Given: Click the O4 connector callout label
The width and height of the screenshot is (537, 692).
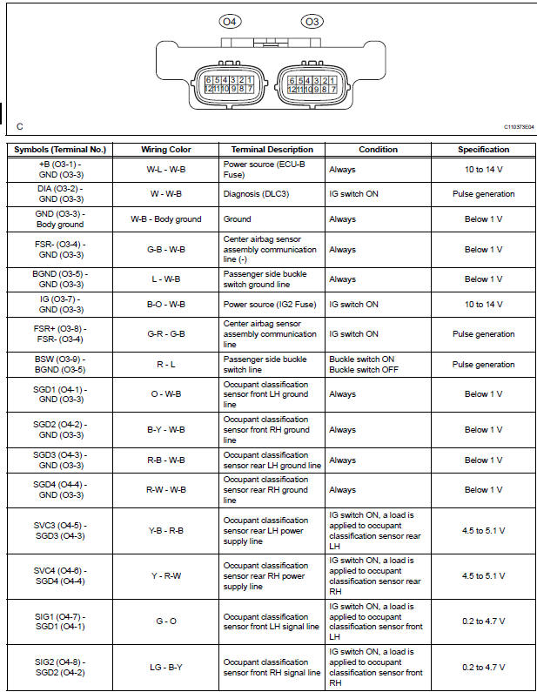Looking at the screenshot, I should click(230, 21).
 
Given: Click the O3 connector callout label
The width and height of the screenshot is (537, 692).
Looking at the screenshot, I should click(311, 21).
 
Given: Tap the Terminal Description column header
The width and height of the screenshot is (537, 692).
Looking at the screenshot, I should click(272, 150).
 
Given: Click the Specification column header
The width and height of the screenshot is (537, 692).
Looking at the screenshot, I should click(483, 150).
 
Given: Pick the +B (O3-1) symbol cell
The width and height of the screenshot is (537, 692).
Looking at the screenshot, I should click(60, 169).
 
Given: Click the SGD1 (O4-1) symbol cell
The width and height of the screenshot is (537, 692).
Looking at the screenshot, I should click(60, 393).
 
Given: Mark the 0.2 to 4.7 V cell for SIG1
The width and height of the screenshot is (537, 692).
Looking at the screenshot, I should click(483, 621).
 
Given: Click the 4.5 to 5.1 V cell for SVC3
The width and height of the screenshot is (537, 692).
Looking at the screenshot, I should click(483, 530).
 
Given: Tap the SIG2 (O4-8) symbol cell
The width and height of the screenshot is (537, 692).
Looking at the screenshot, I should click(60, 667).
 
